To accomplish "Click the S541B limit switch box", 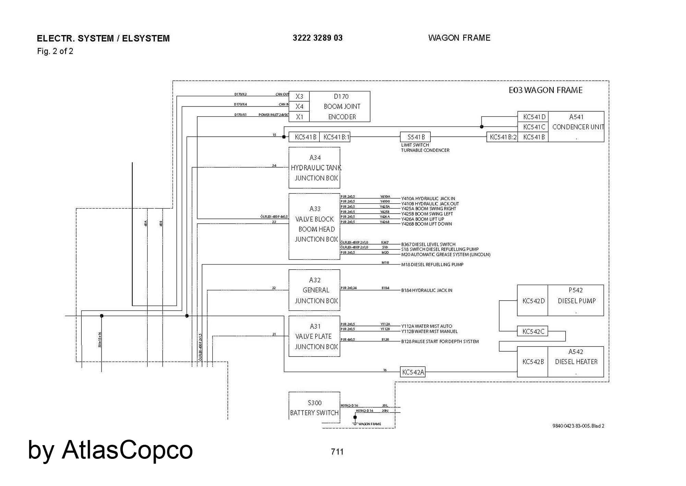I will click(415, 137).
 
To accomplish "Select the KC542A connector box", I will click(413, 372).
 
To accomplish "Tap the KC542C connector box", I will click(533, 331).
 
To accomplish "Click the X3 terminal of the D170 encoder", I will click(299, 97).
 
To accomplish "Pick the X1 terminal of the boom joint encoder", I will click(299, 117).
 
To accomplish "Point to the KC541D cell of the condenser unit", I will click(534, 117).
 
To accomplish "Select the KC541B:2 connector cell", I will click(502, 137).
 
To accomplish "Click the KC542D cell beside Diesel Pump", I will click(533, 301).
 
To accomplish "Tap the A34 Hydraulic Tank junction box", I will click(315, 168).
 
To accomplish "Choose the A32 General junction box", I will click(315, 290).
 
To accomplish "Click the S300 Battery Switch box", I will click(315, 407).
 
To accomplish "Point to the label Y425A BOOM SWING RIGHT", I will click(429, 208).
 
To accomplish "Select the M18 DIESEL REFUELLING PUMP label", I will click(432, 264).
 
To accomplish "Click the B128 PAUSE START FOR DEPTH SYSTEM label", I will click(440, 341).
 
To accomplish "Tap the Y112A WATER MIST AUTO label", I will click(427, 326).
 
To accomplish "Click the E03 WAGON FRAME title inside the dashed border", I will click(545, 90).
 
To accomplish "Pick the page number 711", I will click(337, 452).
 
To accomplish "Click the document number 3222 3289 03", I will click(318, 38).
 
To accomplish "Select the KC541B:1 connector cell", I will click(336, 137).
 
